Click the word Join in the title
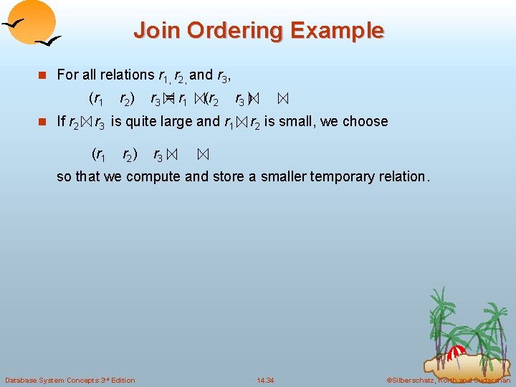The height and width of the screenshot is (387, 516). pyautogui.click(x=153, y=31)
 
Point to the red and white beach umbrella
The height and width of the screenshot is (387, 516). pyautogui.click(x=456, y=353)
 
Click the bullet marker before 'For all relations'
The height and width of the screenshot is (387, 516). pyautogui.click(x=43, y=75)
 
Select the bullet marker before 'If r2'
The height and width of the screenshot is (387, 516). pyautogui.click(x=43, y=122)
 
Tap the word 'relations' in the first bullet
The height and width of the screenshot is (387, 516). pyautogui.click(x=128, y=75)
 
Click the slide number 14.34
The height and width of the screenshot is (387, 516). pyautogui.click(x=265, y=379)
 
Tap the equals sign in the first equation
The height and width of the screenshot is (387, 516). pyautogui.click(x=171, y=99)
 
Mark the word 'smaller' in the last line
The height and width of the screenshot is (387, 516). pyautogui.click(x=285, y=176)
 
